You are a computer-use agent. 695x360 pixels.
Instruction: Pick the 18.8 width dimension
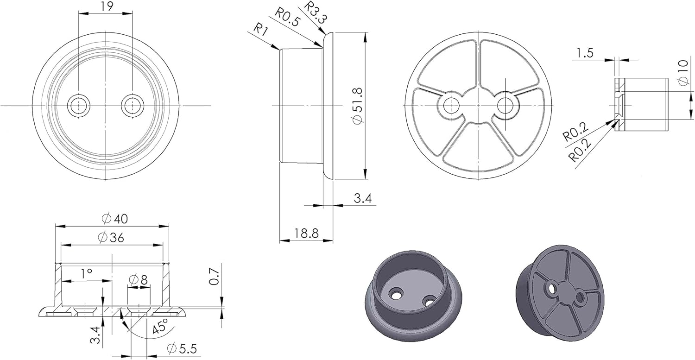pos(307,233)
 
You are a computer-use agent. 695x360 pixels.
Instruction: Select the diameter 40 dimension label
pos(115,219)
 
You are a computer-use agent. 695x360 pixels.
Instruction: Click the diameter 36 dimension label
pos(111,237)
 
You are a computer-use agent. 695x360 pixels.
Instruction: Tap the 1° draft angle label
pos(87,273)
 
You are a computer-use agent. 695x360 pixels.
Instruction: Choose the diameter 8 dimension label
pos(138,280)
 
